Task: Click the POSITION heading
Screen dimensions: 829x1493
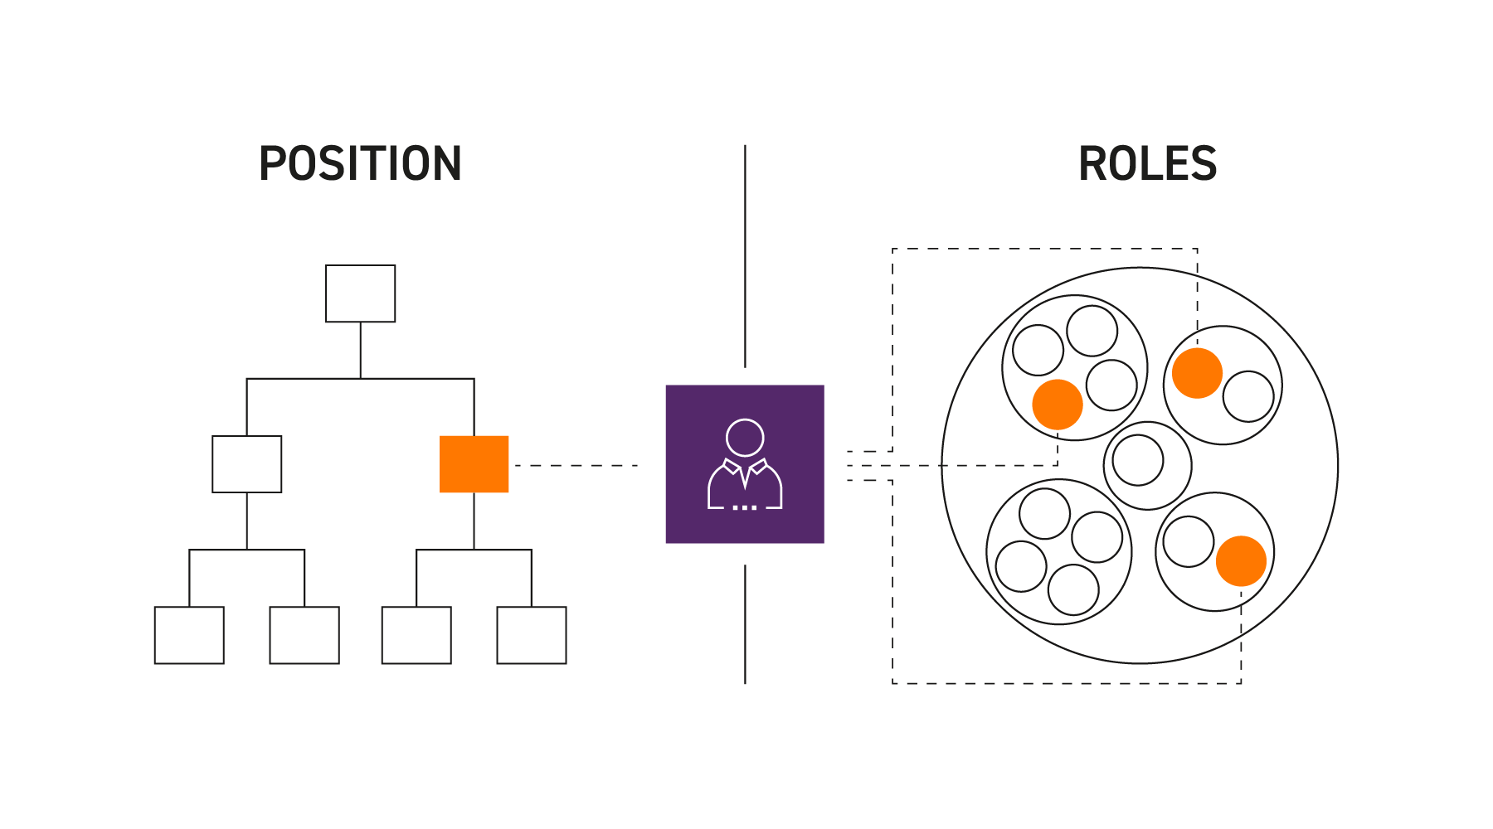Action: [x=360, y=163]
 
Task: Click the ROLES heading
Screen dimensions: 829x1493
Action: [x=1147, y=163]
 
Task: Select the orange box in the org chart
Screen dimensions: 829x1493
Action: [x=474, y=464]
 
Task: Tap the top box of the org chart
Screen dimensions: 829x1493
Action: [x=360, y=293]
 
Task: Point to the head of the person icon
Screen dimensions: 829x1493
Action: [x=745, y=438]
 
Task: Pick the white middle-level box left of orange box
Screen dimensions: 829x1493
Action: [x=246, y=464]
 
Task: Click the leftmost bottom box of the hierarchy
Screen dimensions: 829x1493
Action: [x=189, y=635]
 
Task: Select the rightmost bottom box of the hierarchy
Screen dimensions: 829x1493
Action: [x=532, y=635]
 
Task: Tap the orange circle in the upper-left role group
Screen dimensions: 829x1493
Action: [x=1058, y=405]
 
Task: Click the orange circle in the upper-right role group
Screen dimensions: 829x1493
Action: [x=1197, y=373]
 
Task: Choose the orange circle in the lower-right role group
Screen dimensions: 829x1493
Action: [x=1241, y=561]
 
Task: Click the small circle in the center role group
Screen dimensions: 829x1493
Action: [x=1138, y=460]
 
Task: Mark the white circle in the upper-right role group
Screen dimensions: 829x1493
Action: [x=1248, y=396]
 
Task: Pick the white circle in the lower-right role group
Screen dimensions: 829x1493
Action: [x=1189, y=541]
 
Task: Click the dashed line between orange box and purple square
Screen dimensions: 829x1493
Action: [x=576, y=466]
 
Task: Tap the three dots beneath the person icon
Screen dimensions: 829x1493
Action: [x=745, y=507]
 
